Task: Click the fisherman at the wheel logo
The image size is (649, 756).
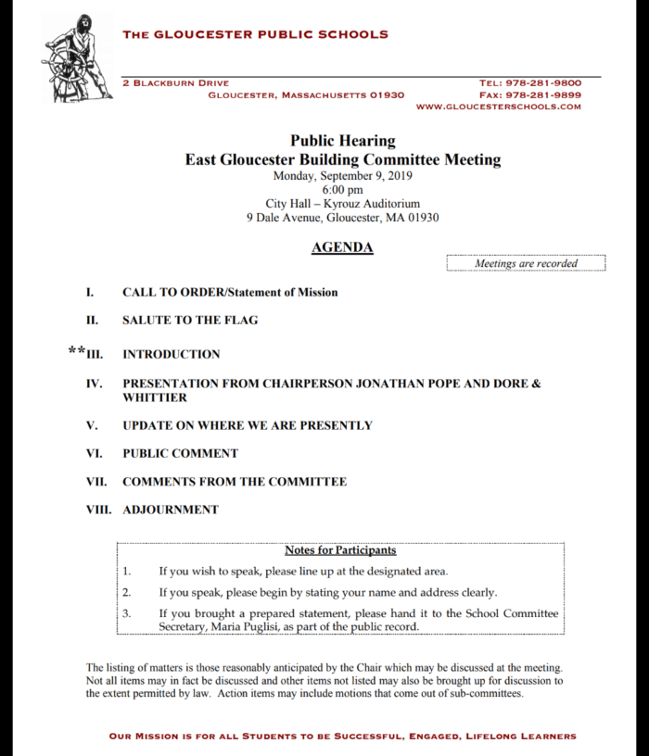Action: click(76, 57)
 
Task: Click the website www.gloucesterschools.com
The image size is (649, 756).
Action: click(499, 107)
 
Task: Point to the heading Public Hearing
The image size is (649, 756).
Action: click(342, 141)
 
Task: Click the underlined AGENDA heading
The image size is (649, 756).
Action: click(342, 247)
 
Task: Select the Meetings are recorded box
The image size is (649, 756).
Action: click(526, 263)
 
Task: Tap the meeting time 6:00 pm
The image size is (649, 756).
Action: click(342, 190)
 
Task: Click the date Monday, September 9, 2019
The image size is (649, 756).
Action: click(342, 175)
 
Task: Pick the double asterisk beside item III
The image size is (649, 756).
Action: click(77, 352)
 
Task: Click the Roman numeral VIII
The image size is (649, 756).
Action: click(98, 510)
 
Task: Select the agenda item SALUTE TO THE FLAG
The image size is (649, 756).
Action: click(190, 321)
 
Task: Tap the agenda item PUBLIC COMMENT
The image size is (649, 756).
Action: click(180, 454)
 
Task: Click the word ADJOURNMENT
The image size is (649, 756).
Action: click(171, 510)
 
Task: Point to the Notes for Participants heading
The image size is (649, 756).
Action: click(340, 550)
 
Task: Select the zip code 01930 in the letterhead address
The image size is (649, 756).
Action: click(387, 94)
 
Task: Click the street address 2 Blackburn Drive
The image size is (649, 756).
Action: click(175, 83)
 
